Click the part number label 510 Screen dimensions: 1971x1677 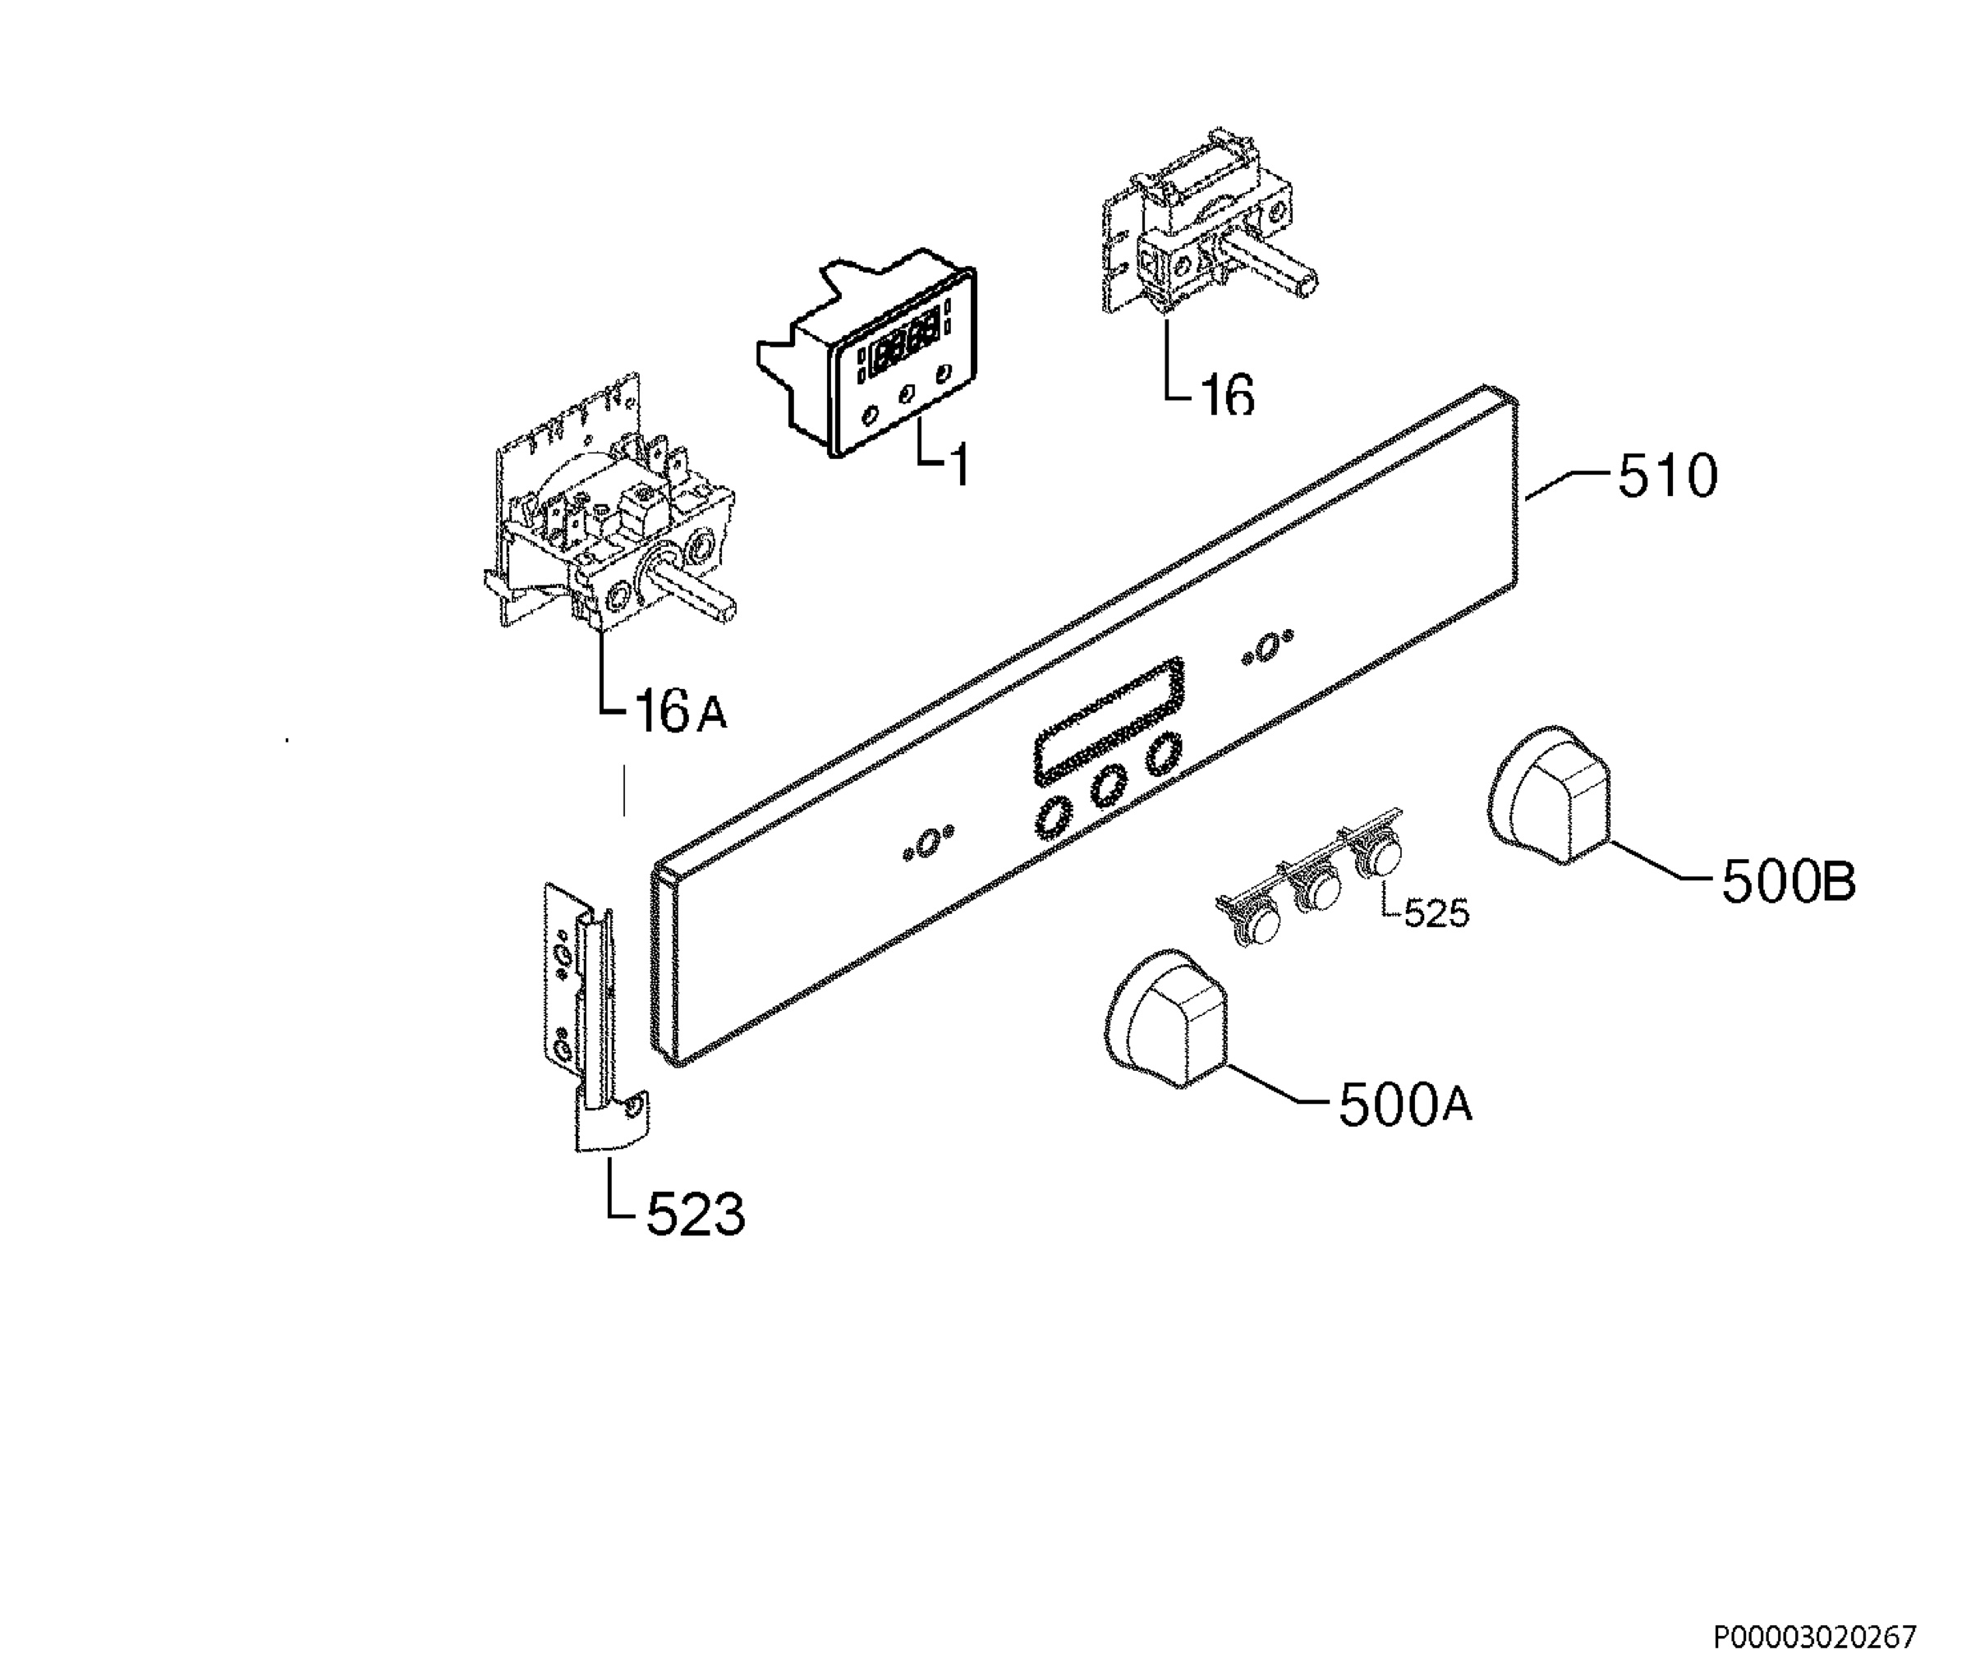[x=1668, y=476]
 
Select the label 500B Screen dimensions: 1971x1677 [x=1789, y=882]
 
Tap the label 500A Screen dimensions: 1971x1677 [x=1405, y=1105]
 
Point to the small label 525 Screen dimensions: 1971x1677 [x=1436, y=913]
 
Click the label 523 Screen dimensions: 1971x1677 [x=695, y=1215]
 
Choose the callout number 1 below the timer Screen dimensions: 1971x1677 [x=959, y=465]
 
